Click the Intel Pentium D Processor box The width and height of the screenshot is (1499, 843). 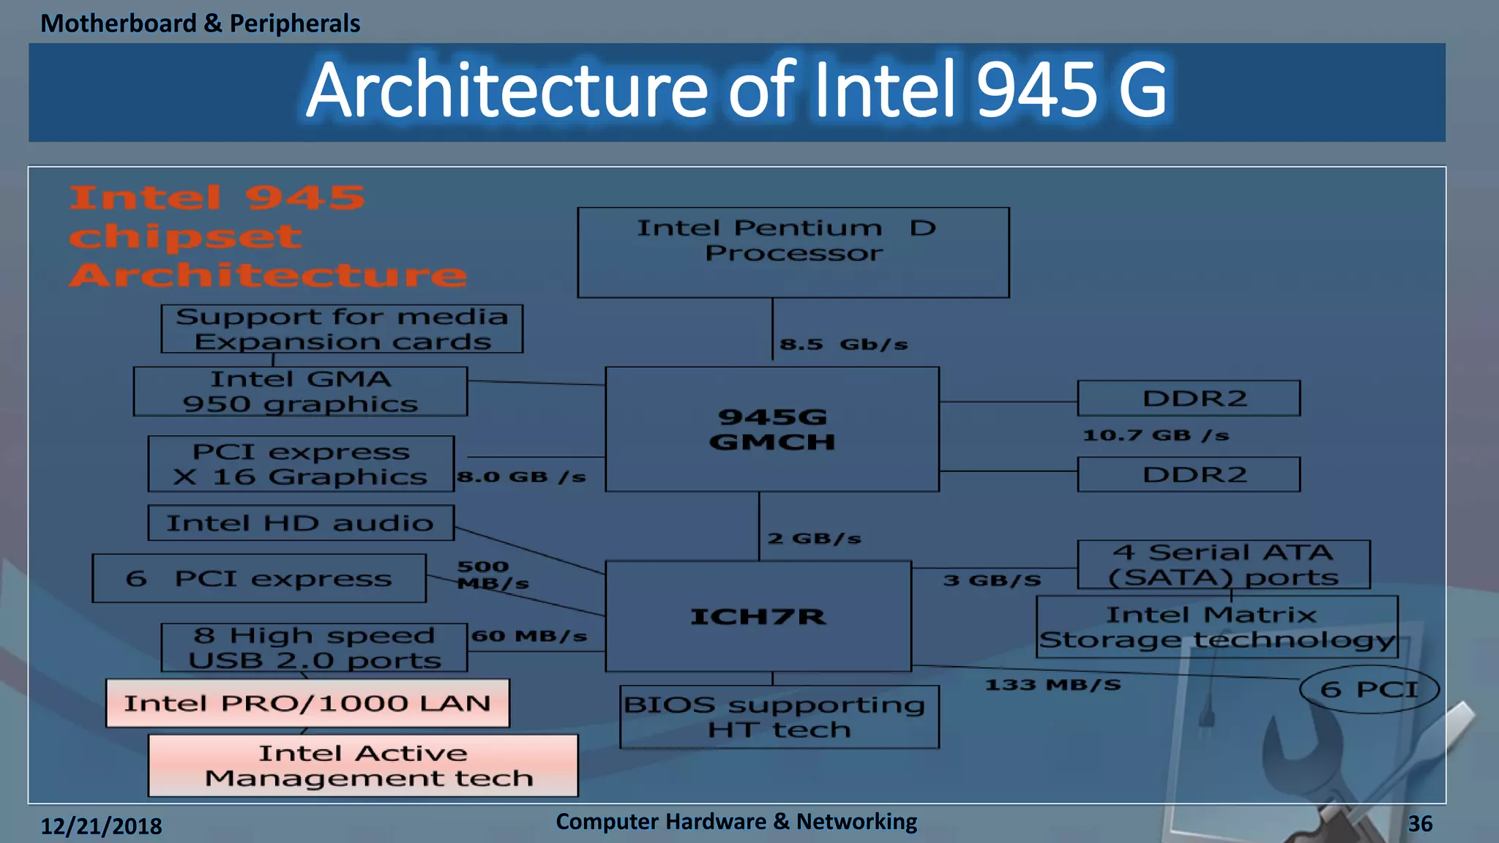pyautogui.click(x=793, y=252)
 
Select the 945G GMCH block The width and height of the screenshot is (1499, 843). pyautogui.click(x=772, y=429)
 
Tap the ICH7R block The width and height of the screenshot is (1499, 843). pyautogui.click(x=758, y=616)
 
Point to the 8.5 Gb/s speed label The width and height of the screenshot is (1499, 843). pyautogui.click(x=843, y=344)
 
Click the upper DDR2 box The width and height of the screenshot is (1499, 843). pyautogui.click(x=1189, y=398)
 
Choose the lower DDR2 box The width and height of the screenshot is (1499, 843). pyautogui.click(x=1189, y=474)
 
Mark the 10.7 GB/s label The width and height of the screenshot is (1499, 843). pyautogui.click(x=1156, y=435)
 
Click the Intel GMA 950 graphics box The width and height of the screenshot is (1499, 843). pyautogui.click(x=300, y=391)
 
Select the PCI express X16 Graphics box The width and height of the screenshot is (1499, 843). pyautogui.click(x=301, y=464)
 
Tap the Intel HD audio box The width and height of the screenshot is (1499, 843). pyautogui.click(x=301, y=522)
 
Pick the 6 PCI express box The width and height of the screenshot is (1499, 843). pyautogui.click(x=259, y=578)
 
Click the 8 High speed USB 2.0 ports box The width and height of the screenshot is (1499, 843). pyautogui.click(x=314, y=648)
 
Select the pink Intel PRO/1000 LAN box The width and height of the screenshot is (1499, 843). pyautogui.click(x=307, y=703)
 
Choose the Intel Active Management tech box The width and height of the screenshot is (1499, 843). pyautogui.click(x=363, y=765)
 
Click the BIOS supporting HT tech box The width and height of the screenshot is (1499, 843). pyautogui.click(x=779, y=716)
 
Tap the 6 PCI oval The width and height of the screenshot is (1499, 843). pyautogui.click(x=1369, y=689)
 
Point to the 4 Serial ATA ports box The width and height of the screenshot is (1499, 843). pyautogui.click(x=1224, y=564)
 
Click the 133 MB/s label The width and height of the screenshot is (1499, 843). pyautogui.click(x=1053, y=685)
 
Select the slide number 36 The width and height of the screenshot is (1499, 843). pyautogui.click(x=1420, y=824)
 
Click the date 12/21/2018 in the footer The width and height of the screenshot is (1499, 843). pyautogui.click(x=101, y=826)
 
